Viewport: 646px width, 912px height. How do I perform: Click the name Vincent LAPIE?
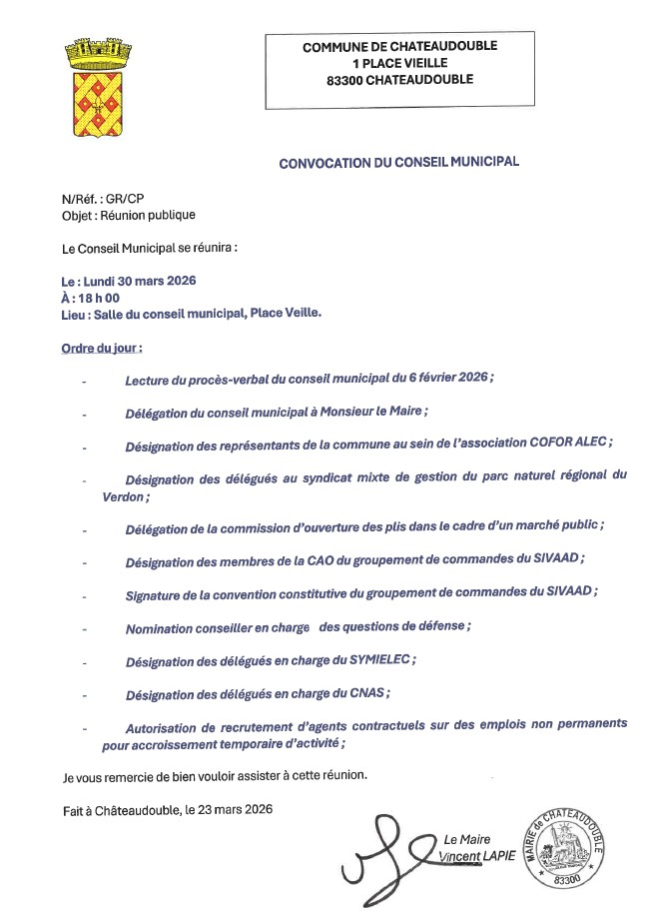point(477,856)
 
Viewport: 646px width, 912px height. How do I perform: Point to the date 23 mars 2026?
point(228,810)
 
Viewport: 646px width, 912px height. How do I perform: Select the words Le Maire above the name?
point(468,840)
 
